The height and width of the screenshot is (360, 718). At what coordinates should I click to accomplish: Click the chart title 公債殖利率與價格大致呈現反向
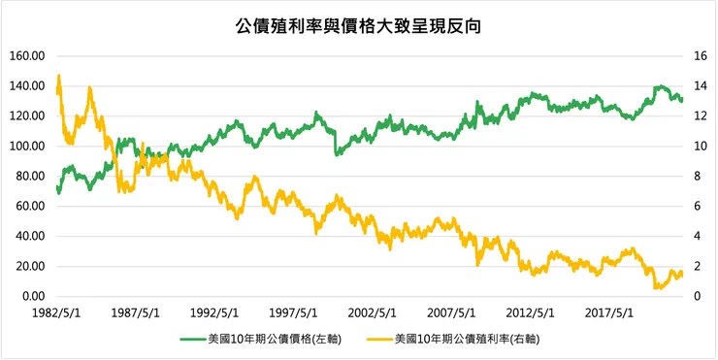[359, 26]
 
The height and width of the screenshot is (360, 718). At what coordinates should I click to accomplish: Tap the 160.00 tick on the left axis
[27, 56]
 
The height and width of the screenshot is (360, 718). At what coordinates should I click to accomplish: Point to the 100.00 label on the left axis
[27, 147]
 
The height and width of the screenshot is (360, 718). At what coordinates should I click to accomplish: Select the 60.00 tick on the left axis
[30, 207]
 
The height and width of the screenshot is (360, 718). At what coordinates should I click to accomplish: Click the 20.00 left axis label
[30, 267]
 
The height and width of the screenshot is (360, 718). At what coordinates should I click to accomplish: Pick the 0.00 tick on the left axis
[32, 297]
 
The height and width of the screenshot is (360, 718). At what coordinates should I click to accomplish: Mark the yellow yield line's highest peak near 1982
[59, 77]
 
